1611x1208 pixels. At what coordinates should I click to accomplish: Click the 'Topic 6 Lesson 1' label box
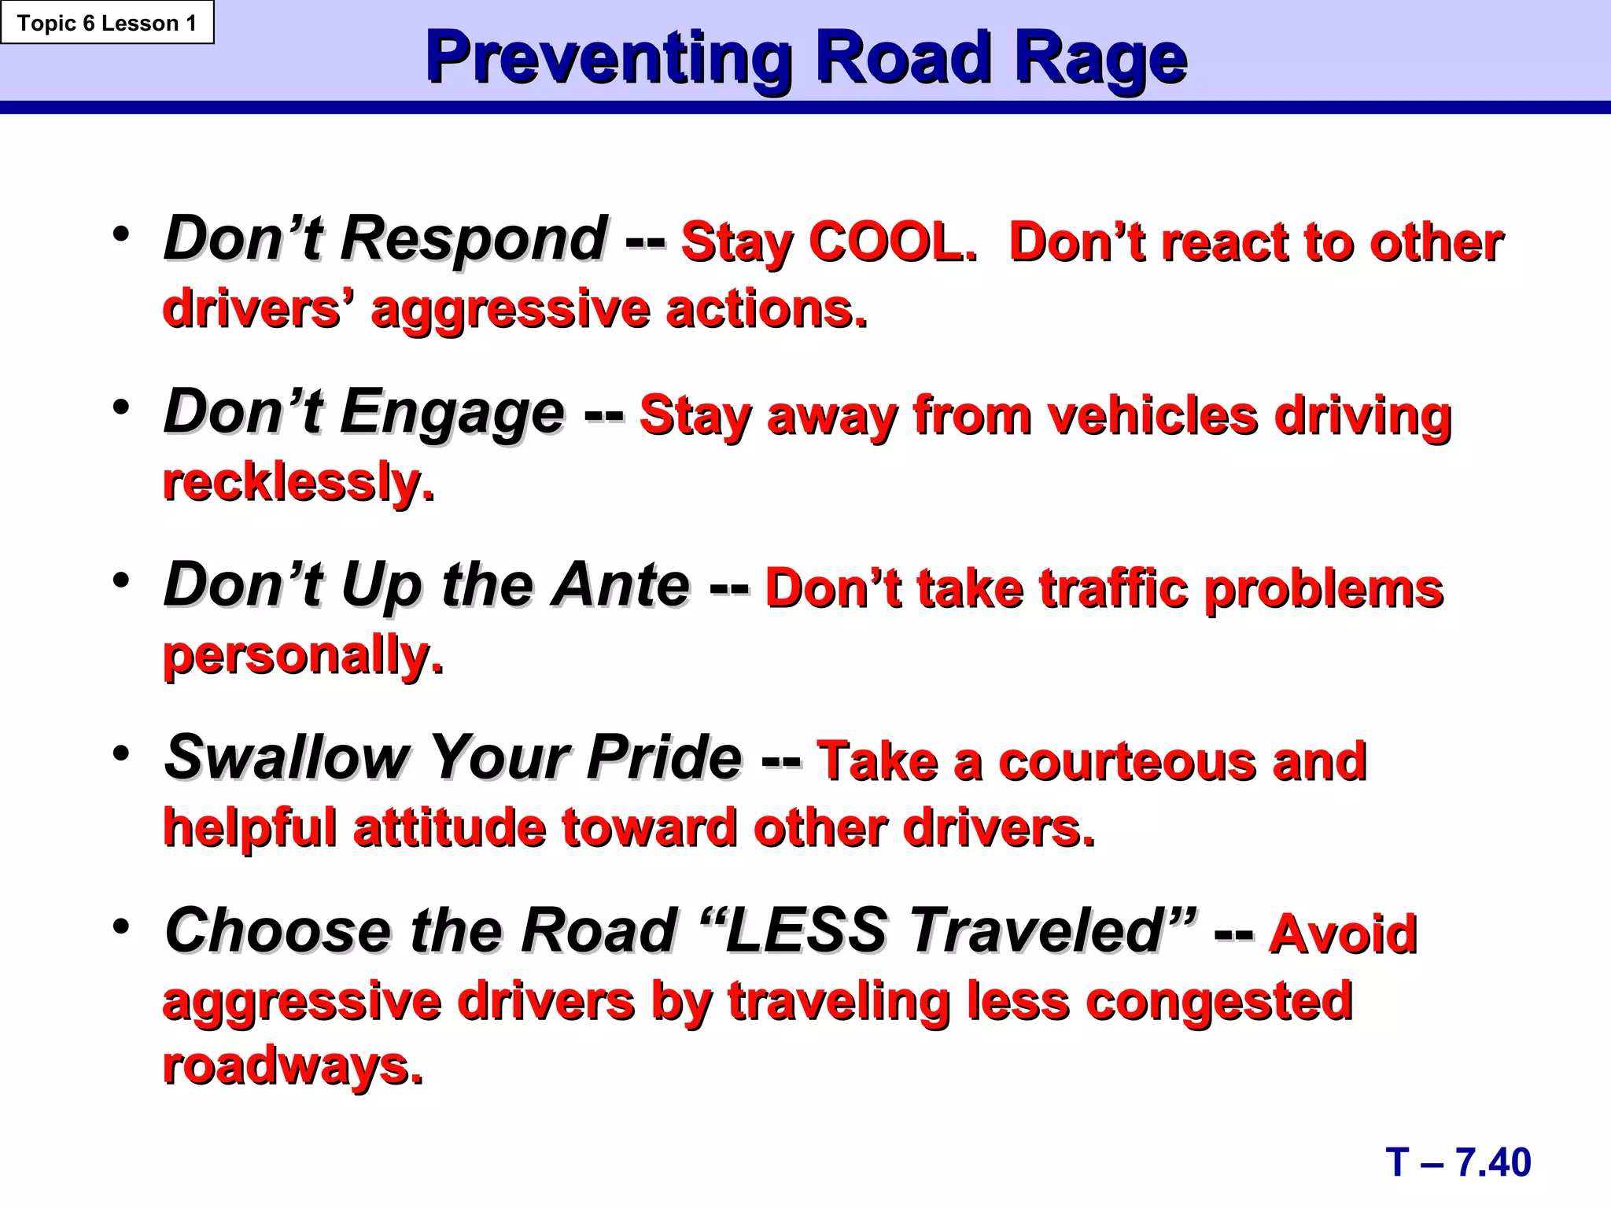coord(106,23)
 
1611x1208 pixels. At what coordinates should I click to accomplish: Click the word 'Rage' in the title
coord(1100,59)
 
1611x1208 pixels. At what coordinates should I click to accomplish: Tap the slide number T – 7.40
coord(1458,1162)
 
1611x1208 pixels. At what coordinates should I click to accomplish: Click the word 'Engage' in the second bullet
coord(452,412)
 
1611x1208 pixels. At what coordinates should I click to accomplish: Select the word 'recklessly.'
coord(298,481)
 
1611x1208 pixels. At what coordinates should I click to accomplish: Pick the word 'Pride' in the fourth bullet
coord(664,758)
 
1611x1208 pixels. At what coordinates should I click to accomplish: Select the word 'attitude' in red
coord(449,828)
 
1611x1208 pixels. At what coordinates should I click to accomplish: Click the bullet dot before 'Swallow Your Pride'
coord(120,753)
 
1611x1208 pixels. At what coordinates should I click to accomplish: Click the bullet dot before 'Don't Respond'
coord(120,234)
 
